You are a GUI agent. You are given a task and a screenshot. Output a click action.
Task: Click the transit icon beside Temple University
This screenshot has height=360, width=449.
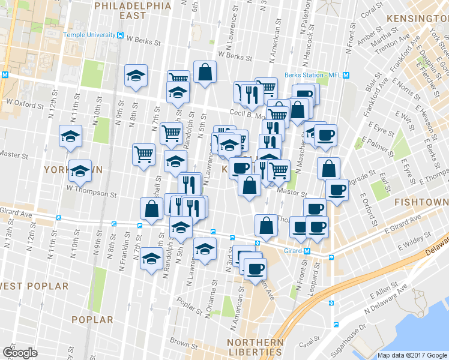click(x=121, y=35)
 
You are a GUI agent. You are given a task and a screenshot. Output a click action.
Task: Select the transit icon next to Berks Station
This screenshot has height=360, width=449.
click(x=354, y=75)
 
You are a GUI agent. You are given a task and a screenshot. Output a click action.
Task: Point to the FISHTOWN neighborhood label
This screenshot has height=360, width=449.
click(x=420, y=203)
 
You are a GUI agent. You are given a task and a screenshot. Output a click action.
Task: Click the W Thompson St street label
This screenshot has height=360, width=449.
click(x=91, y=194)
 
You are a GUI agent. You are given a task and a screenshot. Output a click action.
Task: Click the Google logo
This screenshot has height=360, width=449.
click(x=20, y=353)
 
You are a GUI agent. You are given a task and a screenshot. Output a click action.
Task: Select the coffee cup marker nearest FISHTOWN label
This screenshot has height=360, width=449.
click(x=337, y=190)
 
